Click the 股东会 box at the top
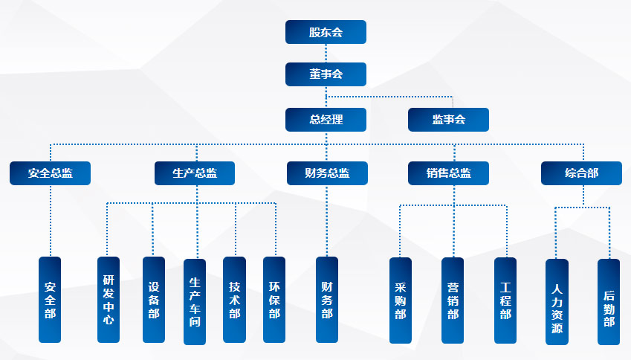326,32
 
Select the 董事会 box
326,74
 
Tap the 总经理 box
326,120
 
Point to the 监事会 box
448,120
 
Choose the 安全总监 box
50,173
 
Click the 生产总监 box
195,173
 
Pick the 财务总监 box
327,173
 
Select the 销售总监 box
448,173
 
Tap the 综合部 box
581,173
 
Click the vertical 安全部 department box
50,300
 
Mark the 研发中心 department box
109,300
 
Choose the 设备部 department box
154,300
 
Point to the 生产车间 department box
195,301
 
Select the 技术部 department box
234,300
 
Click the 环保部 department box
274,300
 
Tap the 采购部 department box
401,300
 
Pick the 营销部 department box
453,300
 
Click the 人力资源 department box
557,301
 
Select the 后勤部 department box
609,301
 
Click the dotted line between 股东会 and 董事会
326,53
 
